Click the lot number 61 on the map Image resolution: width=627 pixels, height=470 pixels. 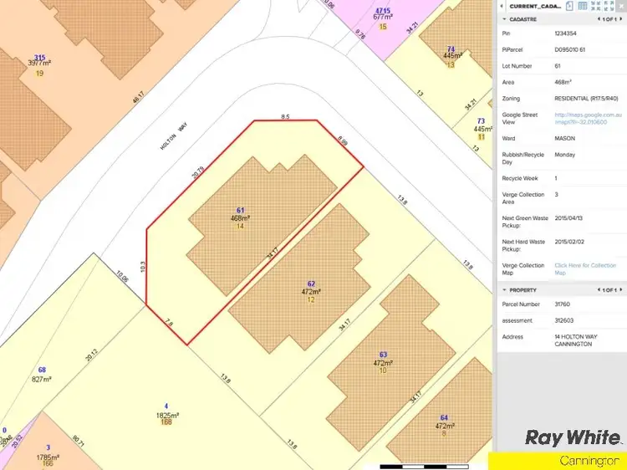pyautogui.click(x=240, y=210)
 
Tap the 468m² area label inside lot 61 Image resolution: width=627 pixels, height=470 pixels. pyautogui.click(x=240, y=218)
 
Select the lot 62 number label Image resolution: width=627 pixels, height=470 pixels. pyautogui.click(x=311, y=284)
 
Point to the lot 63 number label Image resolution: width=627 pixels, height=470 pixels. pyautogui.click(x=383, y=355)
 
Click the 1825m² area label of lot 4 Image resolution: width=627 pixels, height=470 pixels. pyautogui.click(x=167, y=415)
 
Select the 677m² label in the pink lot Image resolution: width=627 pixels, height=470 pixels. pyautogui.click(x=383, y=17)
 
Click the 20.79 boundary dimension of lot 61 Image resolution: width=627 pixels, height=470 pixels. pyautogui.click(x=196, y=175)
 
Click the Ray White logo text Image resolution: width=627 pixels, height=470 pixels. pyautogui.click(x=573, y=437)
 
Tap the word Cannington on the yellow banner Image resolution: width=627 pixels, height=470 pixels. pyautogui.click(x=583, y=461)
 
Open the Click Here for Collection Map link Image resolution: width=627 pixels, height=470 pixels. pyautogui.click(x=584, y=268)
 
